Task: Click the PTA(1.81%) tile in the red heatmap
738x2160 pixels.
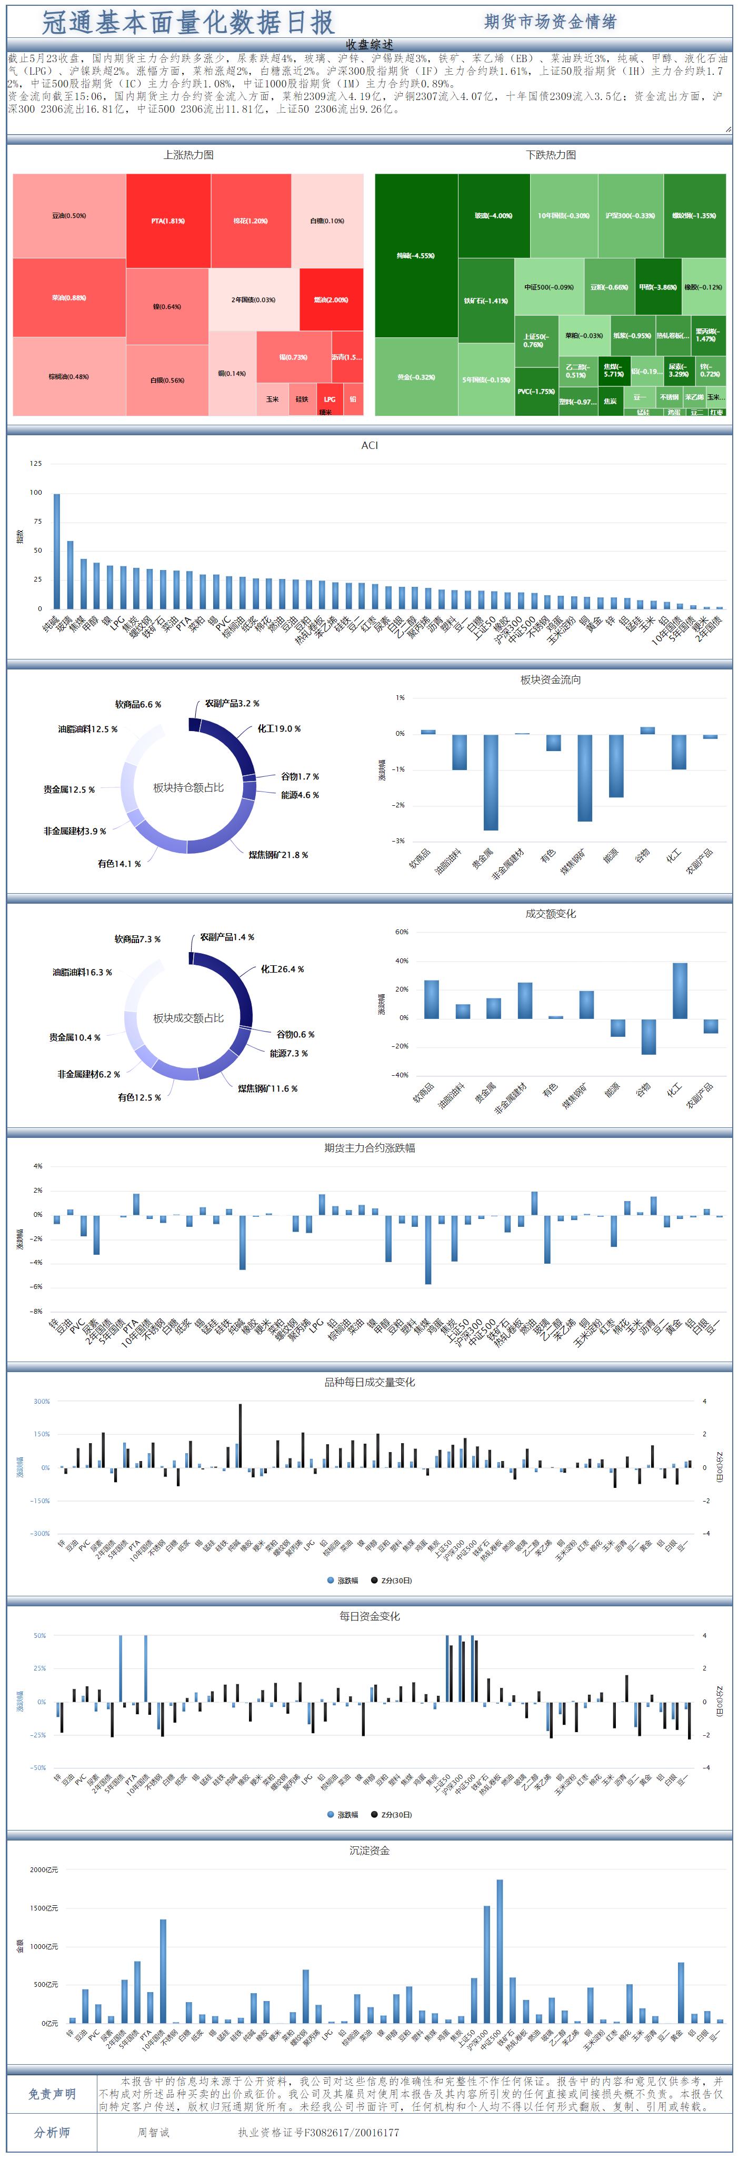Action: [168, 221]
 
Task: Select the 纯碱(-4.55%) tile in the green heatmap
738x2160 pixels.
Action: [416, 255]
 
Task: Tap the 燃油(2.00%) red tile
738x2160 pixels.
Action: [331, 299]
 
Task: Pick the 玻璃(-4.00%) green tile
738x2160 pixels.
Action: [493, 215]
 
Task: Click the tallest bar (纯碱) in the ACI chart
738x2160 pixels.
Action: [57, 551]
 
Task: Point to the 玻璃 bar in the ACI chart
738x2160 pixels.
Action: [71, 574]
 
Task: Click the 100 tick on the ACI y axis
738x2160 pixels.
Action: [35, 492]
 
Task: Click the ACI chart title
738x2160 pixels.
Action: [369, 445]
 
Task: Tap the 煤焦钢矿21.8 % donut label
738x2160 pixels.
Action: [277, 855]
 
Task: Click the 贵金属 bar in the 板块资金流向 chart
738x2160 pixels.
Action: [491, 782]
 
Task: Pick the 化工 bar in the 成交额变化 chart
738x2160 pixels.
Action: [679, 991]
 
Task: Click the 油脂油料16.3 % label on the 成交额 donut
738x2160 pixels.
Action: [82, 973]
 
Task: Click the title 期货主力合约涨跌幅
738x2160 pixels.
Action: [369, 1148]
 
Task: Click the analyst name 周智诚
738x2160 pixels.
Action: [154, 2132]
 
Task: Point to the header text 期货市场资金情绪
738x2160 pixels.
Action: [550, 22]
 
